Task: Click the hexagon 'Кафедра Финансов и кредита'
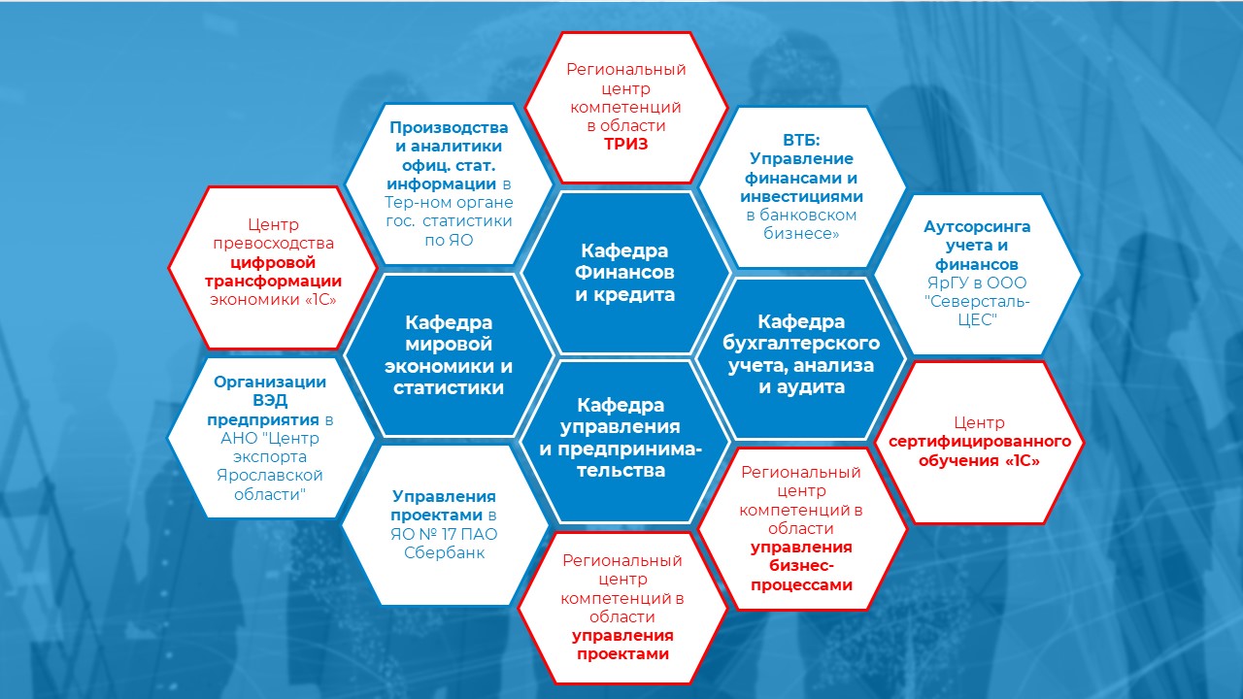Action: (x=625, y=273)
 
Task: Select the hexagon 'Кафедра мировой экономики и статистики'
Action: (x=449, y=355)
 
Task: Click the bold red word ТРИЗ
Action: (x=626, y=145)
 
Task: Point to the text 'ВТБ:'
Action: (x=801, y=140)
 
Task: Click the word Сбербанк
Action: (x=445, y=552)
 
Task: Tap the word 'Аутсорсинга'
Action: (x=977, y=226)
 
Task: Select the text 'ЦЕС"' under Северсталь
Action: (x=977, y=320)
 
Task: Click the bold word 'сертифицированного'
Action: (x=980, y=442)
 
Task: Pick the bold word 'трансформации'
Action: (x=273, y=282)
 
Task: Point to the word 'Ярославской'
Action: (x=270, y=476)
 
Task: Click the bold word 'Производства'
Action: (x=449, y=127)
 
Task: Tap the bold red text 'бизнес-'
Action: (x=801, y=566)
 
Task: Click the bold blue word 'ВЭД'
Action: (x=270, y=401)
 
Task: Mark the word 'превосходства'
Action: (x=274, y=244)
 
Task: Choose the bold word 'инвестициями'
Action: (x=801, y=196)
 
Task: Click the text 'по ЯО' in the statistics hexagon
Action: (x=449, y=240)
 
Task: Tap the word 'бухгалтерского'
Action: (x=801, y=344)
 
